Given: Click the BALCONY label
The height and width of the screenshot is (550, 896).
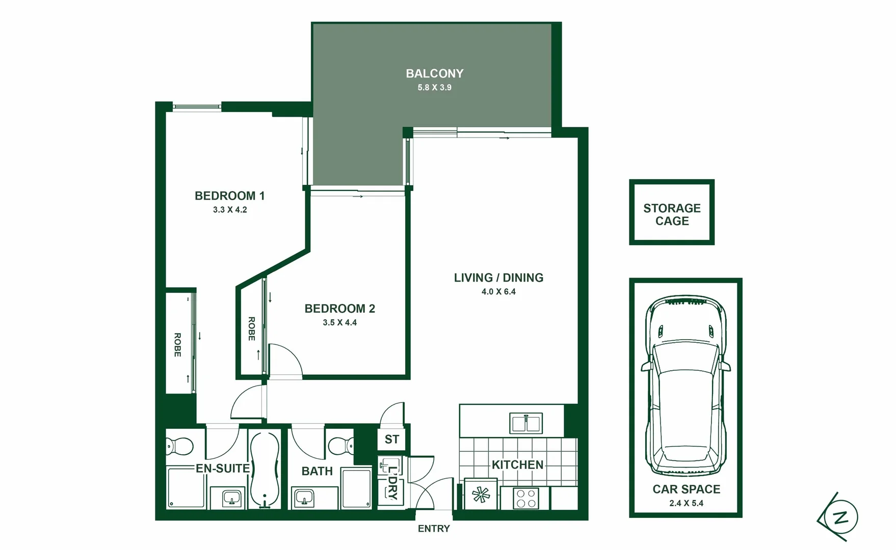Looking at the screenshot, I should [x=434, y=73].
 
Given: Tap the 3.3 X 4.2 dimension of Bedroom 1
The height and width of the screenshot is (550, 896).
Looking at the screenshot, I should [x=230, y=210].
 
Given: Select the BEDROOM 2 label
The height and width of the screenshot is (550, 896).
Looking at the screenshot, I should [x=339, y=309].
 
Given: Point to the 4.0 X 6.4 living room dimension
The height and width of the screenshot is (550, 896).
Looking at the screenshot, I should [x=498, y=292].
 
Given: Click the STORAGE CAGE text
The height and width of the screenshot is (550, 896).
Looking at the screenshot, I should [x=672, y=214].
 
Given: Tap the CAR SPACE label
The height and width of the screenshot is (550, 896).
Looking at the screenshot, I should [x=686, y=489].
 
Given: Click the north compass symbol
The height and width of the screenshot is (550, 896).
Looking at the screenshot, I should [x=840, y=517].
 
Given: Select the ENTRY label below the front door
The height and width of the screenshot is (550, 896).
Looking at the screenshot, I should [x=434, y=529].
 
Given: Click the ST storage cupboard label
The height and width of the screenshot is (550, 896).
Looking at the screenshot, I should [x=391, y=439].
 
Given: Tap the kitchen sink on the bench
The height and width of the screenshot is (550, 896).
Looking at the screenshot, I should [x=525, y=423].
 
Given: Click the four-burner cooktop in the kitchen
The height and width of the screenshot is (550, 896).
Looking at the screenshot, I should [x=525, y=498].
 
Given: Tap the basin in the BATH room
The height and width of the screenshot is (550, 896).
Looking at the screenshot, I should [x=305, y=498].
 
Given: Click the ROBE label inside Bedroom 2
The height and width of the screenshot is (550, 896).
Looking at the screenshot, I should [x=251, y=328].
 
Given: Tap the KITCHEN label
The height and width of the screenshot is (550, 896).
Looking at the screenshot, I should [x=517, y=465].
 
